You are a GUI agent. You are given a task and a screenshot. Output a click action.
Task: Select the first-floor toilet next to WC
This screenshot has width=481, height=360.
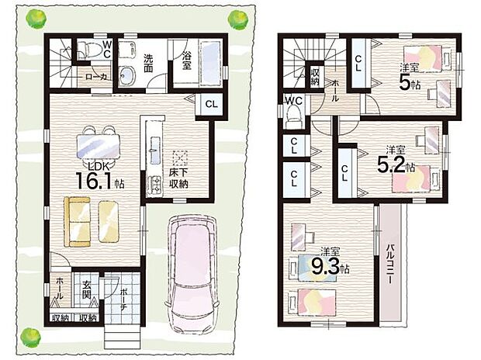tap(94, 50)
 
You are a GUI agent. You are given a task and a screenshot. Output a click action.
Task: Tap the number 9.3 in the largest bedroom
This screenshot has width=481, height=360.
tap(330, 268)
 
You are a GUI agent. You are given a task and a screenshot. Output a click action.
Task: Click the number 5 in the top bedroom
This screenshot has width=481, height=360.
tap(404, 83)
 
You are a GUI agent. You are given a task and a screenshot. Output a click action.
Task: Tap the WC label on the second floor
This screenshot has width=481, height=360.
tap(292, 101)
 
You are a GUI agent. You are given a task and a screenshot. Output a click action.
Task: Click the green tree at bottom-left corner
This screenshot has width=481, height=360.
tap(30, 336)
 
